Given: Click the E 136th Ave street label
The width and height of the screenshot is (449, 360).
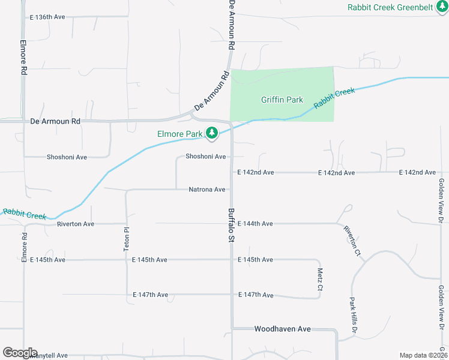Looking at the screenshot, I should click(x=47, y=17).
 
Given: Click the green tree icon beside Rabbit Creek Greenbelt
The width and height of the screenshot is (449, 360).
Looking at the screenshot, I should click(x=442, y=7).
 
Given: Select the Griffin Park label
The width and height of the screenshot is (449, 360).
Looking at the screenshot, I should click(x=282, y=100).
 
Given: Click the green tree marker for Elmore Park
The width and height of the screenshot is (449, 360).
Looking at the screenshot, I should click(x=211, y=133).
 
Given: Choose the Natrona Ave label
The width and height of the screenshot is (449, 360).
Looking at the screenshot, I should click(x=207, y=190).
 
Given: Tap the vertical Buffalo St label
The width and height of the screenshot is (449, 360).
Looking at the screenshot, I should click(x=231, y=226).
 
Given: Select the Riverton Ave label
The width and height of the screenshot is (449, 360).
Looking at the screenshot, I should click(x=76, y=224).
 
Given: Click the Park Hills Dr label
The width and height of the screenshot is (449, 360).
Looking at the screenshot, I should click(x=354, y=316).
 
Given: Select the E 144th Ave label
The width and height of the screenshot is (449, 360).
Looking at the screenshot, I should click(x=255, y=224).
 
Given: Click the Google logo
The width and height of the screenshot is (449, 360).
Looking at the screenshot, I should click(x=20, y=353).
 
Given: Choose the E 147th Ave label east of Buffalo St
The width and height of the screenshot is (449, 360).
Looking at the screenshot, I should click(x=256, y=295).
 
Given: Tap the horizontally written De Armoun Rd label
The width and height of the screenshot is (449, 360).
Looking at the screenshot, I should click(x=55, y=121).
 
